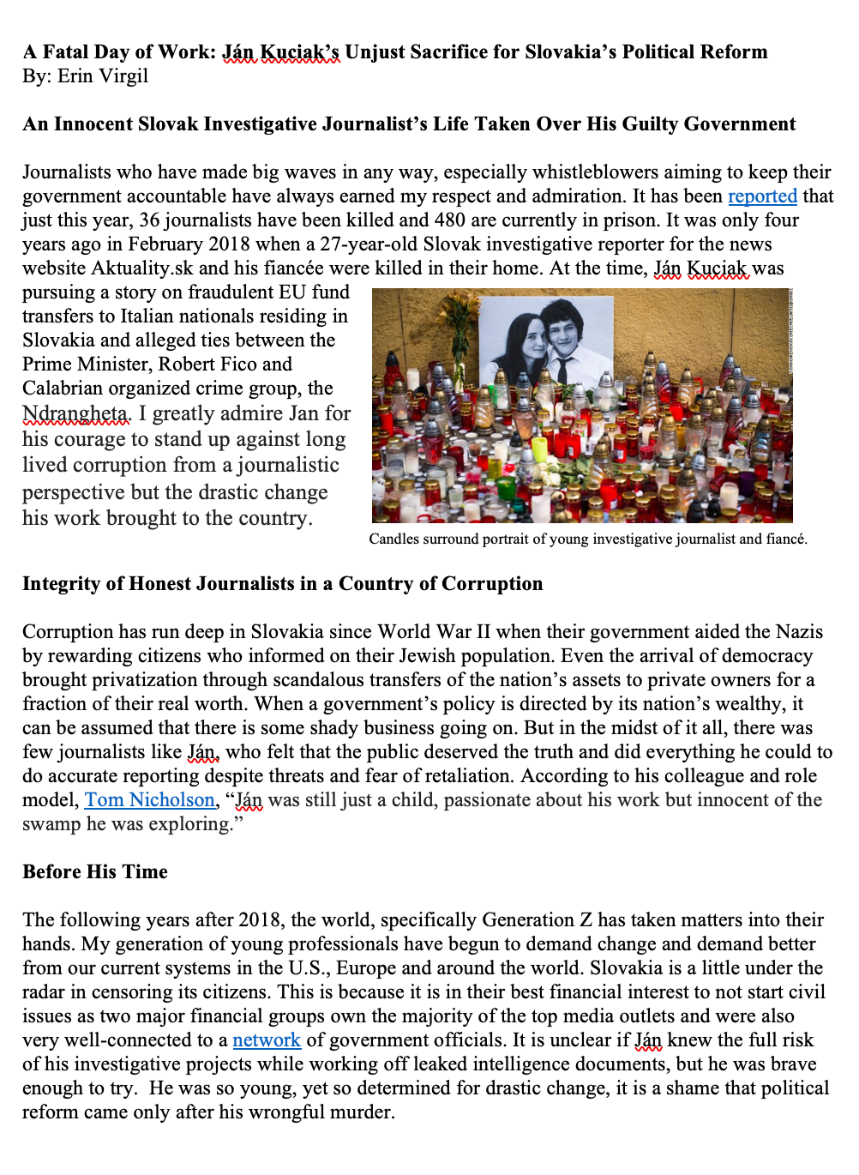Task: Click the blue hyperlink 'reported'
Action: coord(762,196)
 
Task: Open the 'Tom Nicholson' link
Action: coord(149,800)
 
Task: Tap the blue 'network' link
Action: coord(267,1040)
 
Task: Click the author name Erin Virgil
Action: coord(103,76)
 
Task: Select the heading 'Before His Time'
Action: coord(95,872)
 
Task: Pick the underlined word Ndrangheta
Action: coord(75,414)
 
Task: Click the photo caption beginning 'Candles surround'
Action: coord(588,539)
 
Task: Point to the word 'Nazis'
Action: coord(799,632)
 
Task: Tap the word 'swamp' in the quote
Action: coord(51,824)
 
